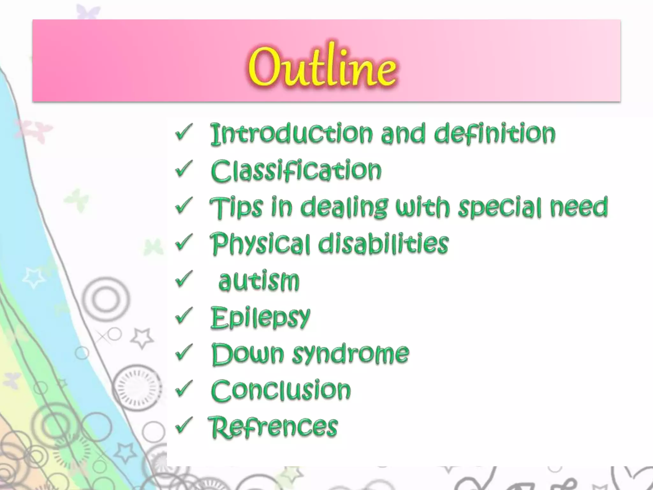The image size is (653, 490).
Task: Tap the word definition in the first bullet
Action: point(495,134)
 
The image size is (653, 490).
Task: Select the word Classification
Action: point(296,171)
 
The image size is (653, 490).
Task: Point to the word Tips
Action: point(236,207)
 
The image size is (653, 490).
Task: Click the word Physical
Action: point(260,244)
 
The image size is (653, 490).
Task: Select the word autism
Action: point(259,281)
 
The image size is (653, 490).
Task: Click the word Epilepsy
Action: point(260,318)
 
